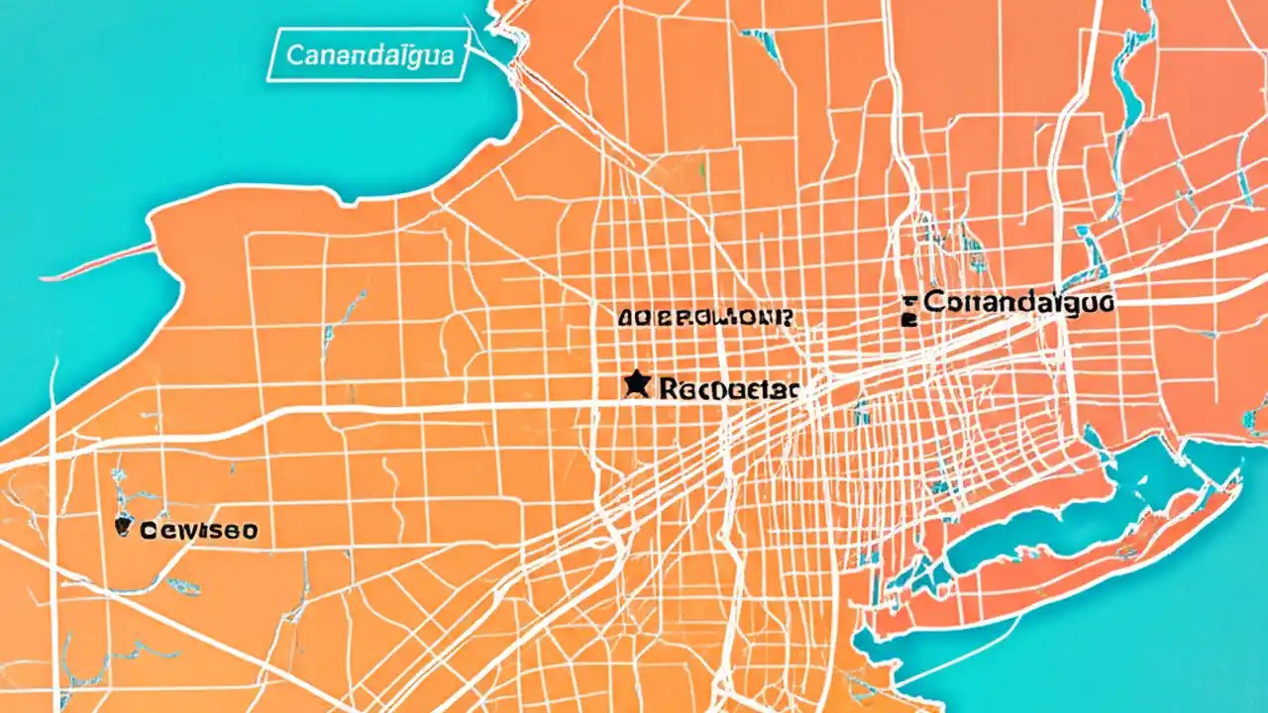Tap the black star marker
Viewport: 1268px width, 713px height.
click(636, 383)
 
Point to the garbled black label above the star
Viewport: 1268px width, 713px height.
click(704, 318)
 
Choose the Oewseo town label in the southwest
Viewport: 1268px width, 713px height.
click(198, 530)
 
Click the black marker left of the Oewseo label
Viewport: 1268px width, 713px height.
click(123, 527)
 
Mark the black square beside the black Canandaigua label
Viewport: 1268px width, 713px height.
click(909, 319)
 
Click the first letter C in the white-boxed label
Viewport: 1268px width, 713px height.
click(293, 54)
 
